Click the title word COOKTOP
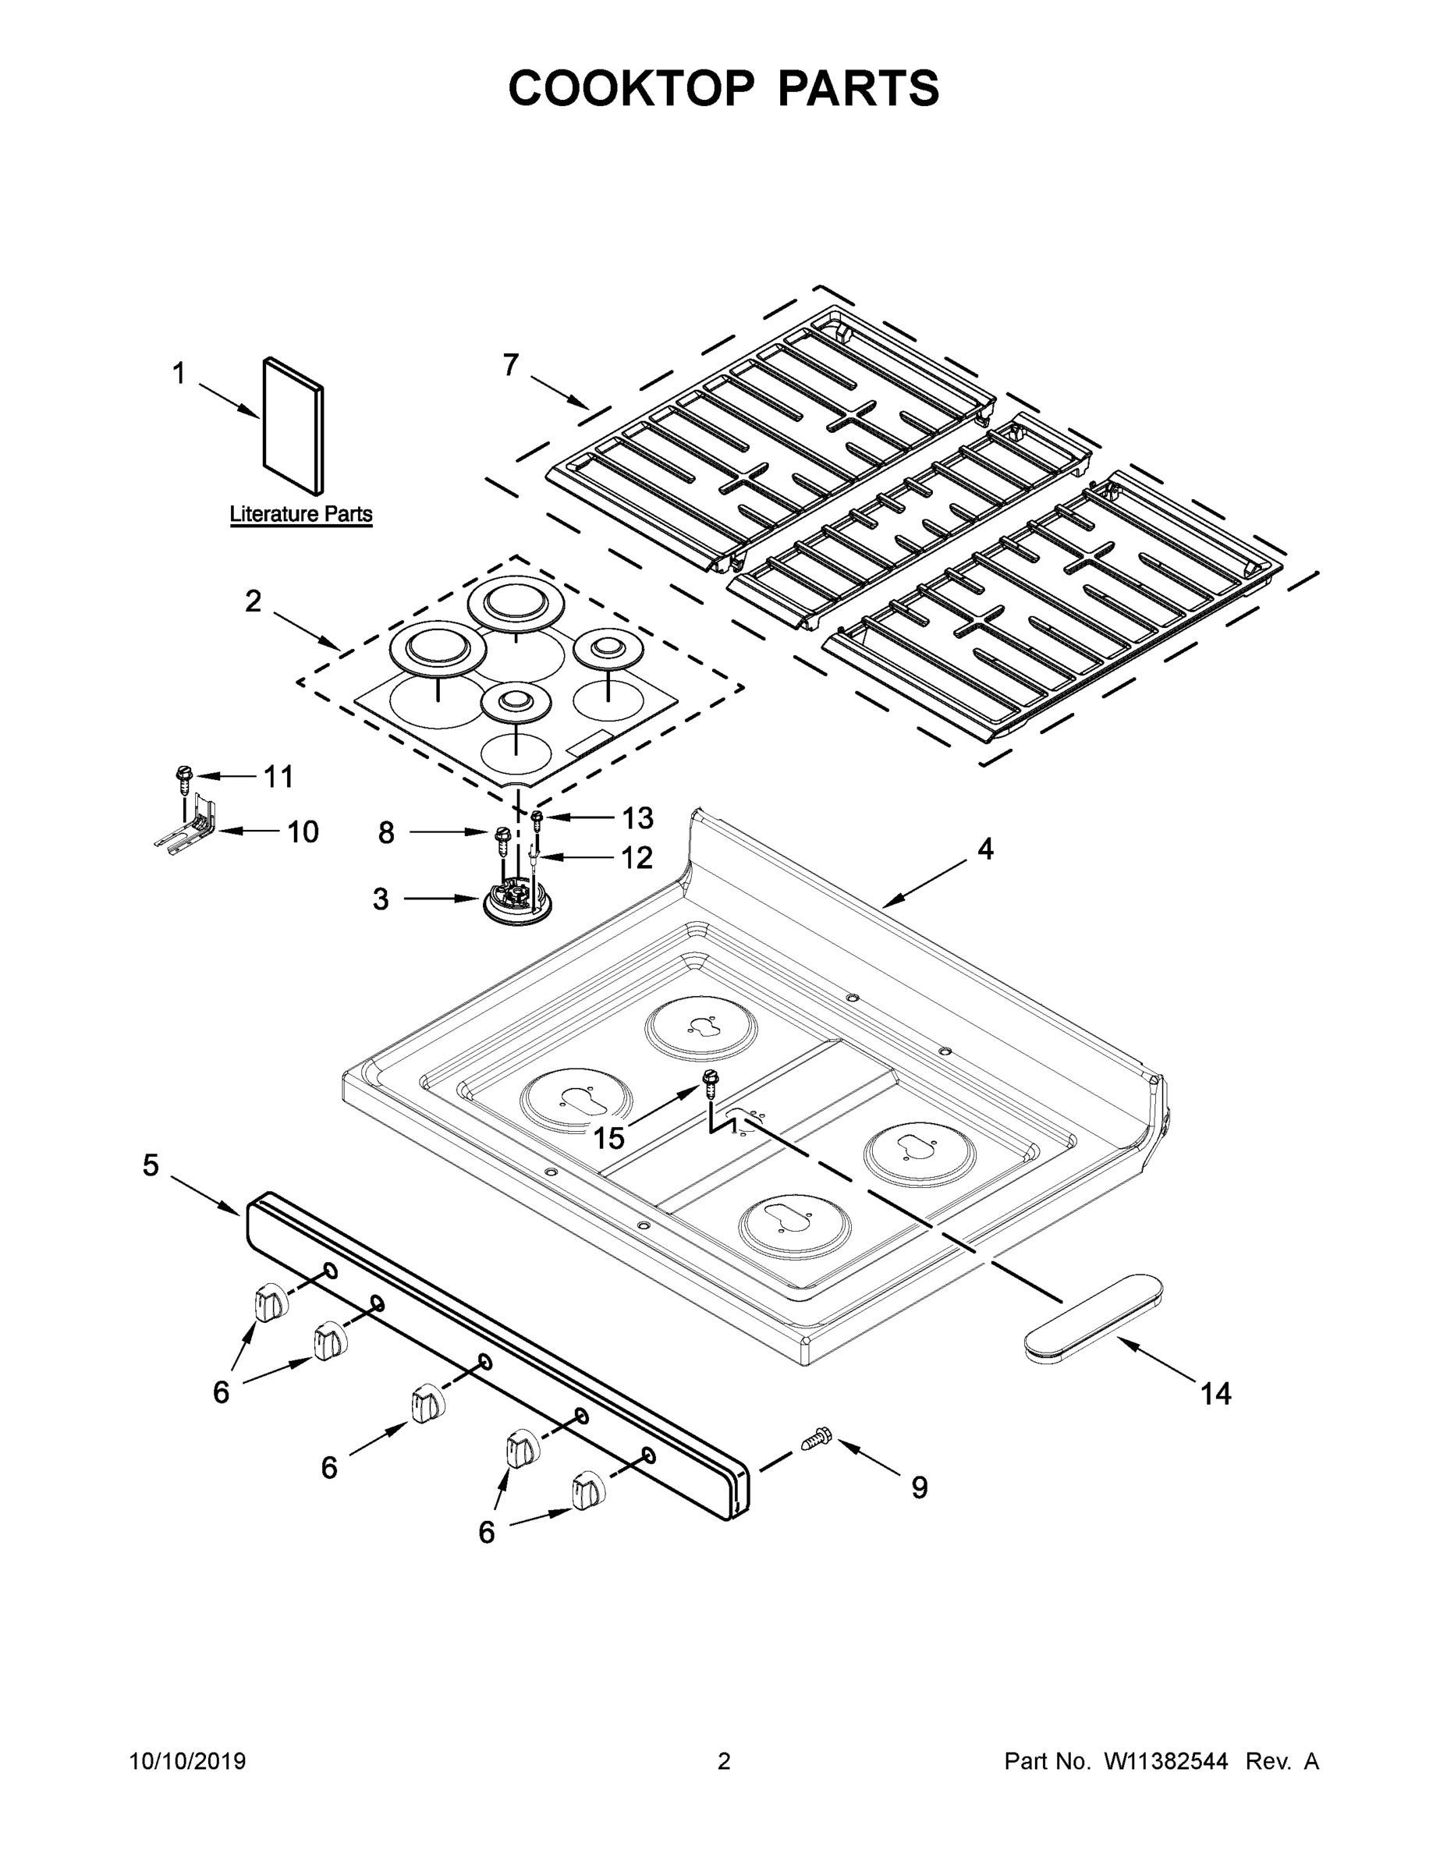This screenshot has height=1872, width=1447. click(632, 88)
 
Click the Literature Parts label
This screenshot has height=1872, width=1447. click(301, 514)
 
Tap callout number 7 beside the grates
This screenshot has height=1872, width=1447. click(511, 365)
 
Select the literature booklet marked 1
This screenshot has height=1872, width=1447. click(293, 426)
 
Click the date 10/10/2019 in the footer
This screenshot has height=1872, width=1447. click(188, 1761)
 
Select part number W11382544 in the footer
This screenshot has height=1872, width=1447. click(1166, 1761)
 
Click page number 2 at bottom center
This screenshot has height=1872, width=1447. click(724, 1761)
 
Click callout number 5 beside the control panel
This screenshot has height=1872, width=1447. click(151, 1166)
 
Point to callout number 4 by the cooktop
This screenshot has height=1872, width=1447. click(986, 849)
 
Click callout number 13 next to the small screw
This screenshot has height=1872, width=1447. click(638, 818)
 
